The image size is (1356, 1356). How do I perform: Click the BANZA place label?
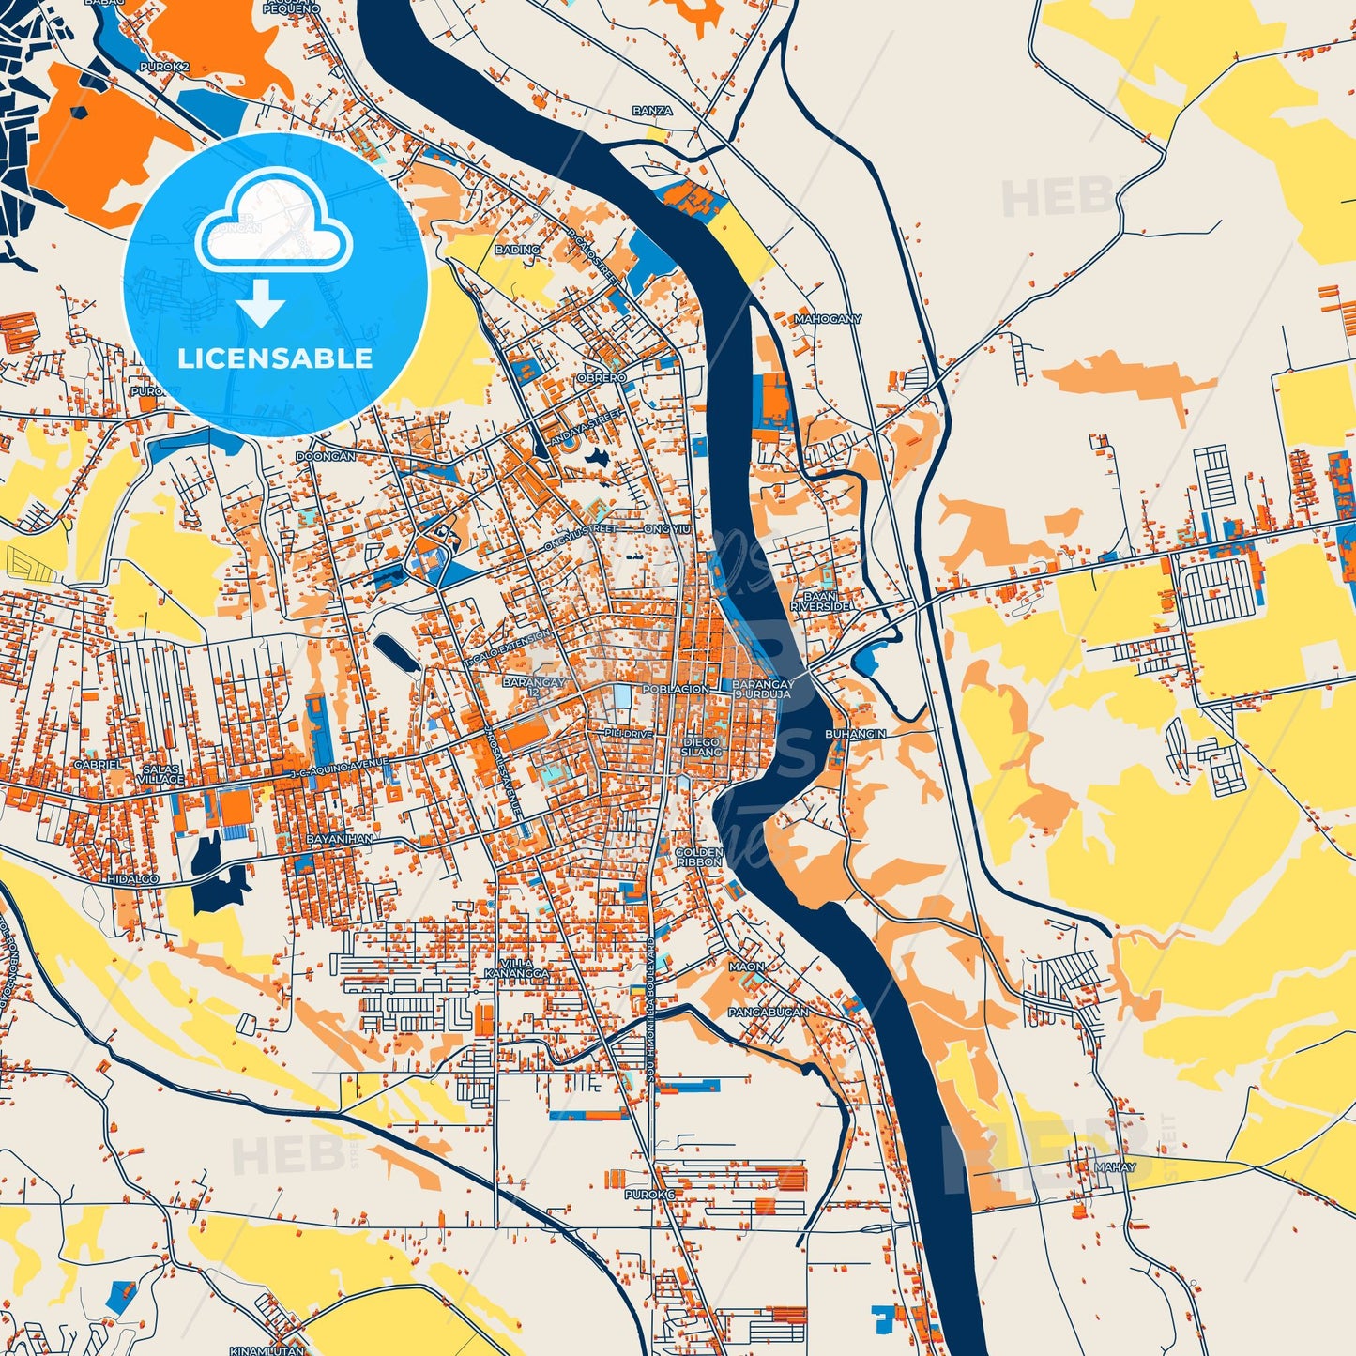pyautogui.click(x=652, y=111)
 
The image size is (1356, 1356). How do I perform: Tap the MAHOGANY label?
pyautogui.click(x=828, y=319)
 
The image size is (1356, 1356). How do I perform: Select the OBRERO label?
pyautogui.click(x=602, y=377)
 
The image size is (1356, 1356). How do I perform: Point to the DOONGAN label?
pyautogui.click(x=326, y=456)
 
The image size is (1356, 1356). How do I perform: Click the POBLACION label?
pyautogui.click(x=676, y=689)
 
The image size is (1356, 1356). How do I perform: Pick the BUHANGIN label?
pyautogui.click(x=855, y=734)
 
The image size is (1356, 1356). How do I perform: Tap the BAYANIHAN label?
pyautogui.click(x=340, y=838)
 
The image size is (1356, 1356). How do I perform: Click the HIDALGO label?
pyautogui.click(x=133, y=879)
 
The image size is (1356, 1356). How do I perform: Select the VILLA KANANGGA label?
pyautogui.click(x=516, y=968)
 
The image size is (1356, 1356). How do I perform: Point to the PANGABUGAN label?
pyautogui.click(x=769, y=1013)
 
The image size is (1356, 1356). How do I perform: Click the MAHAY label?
pyautogui.click(x=1115, y=1167)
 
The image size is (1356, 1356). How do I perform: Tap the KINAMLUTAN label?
pyautogui.click(x=267, y=1350)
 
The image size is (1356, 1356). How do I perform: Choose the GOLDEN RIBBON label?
pyautogui.click(x=699, y=857)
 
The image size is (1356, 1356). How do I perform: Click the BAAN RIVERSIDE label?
pyautogui.click(x=820, y=602)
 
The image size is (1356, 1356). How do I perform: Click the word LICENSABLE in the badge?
pyautogui.click(x=275, y=358)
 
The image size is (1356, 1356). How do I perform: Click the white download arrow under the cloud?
pyautogui.click(x=261, y=303)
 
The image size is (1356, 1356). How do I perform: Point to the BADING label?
pyautogui.click(x=518, y=250)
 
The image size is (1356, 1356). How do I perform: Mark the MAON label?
pyautogui.click(x=747, y=966)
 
